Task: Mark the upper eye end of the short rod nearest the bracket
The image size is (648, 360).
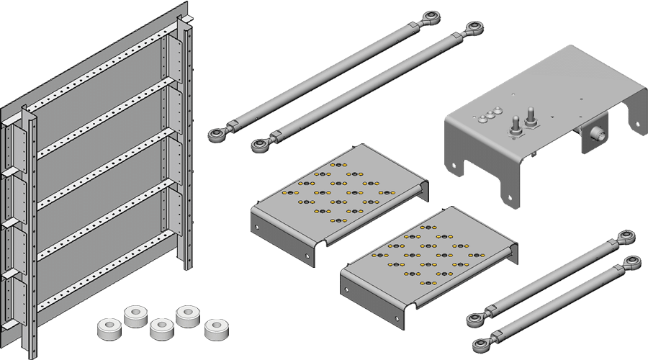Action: pos(627,238)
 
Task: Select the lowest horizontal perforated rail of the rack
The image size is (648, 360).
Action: pos(108,280)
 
